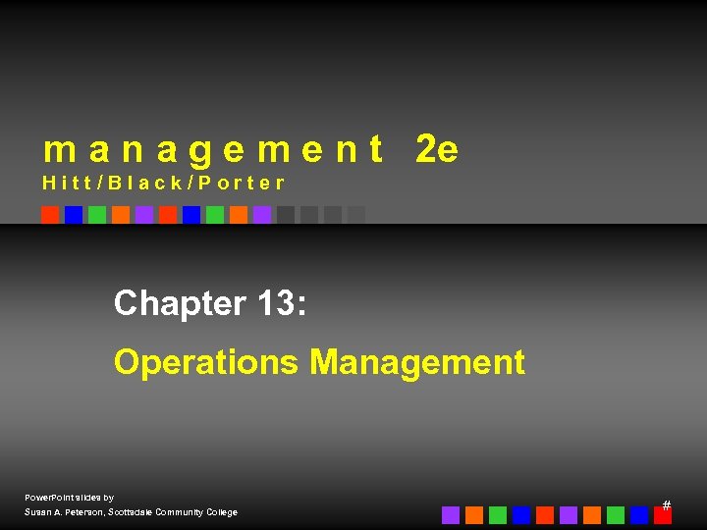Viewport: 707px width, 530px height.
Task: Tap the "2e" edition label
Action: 437,150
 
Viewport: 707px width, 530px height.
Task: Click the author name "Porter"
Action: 242,183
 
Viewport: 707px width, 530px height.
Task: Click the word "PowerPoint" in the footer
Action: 46,498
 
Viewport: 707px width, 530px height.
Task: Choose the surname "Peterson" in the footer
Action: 85,512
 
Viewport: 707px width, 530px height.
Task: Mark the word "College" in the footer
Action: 220,512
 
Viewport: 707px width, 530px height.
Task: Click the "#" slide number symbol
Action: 667,504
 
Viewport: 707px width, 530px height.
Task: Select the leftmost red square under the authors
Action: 50,215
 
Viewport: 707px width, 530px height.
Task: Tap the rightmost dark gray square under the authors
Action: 356,215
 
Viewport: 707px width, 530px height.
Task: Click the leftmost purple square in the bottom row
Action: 451,515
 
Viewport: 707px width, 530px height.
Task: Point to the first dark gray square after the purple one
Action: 286,215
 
